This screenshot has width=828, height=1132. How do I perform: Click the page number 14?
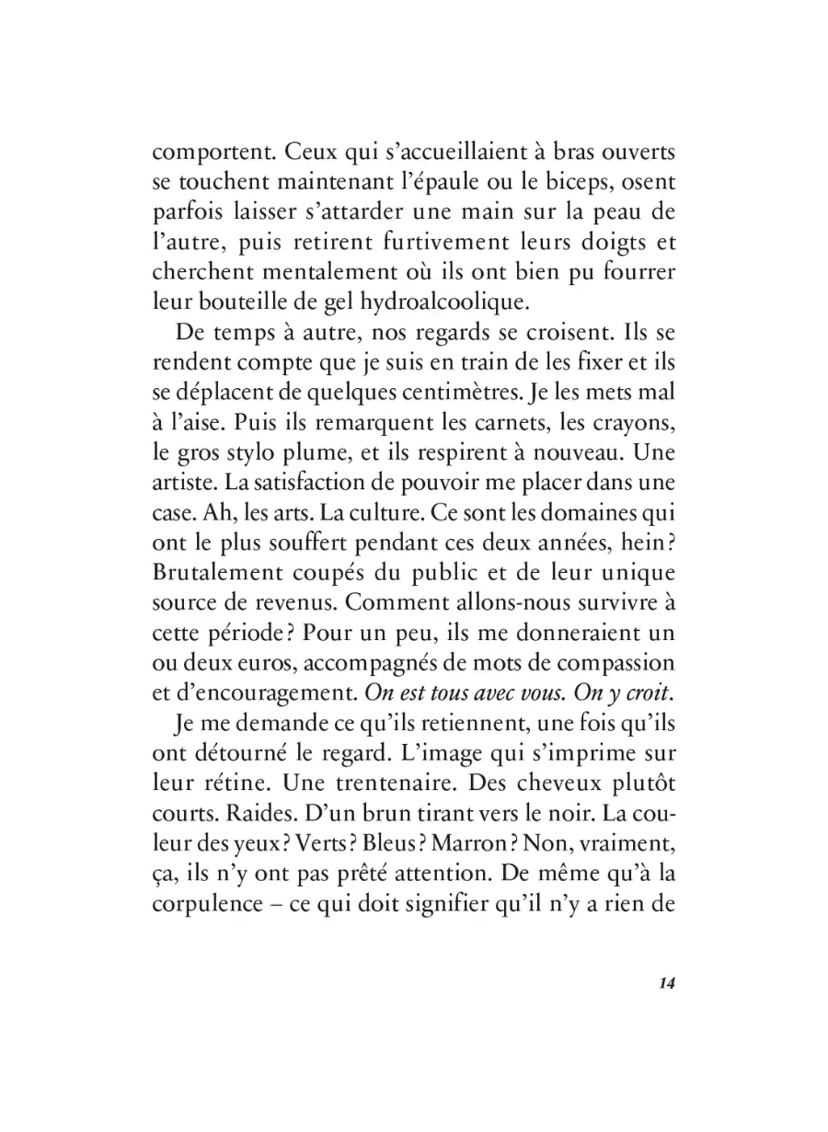click(x=667, y=983)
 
